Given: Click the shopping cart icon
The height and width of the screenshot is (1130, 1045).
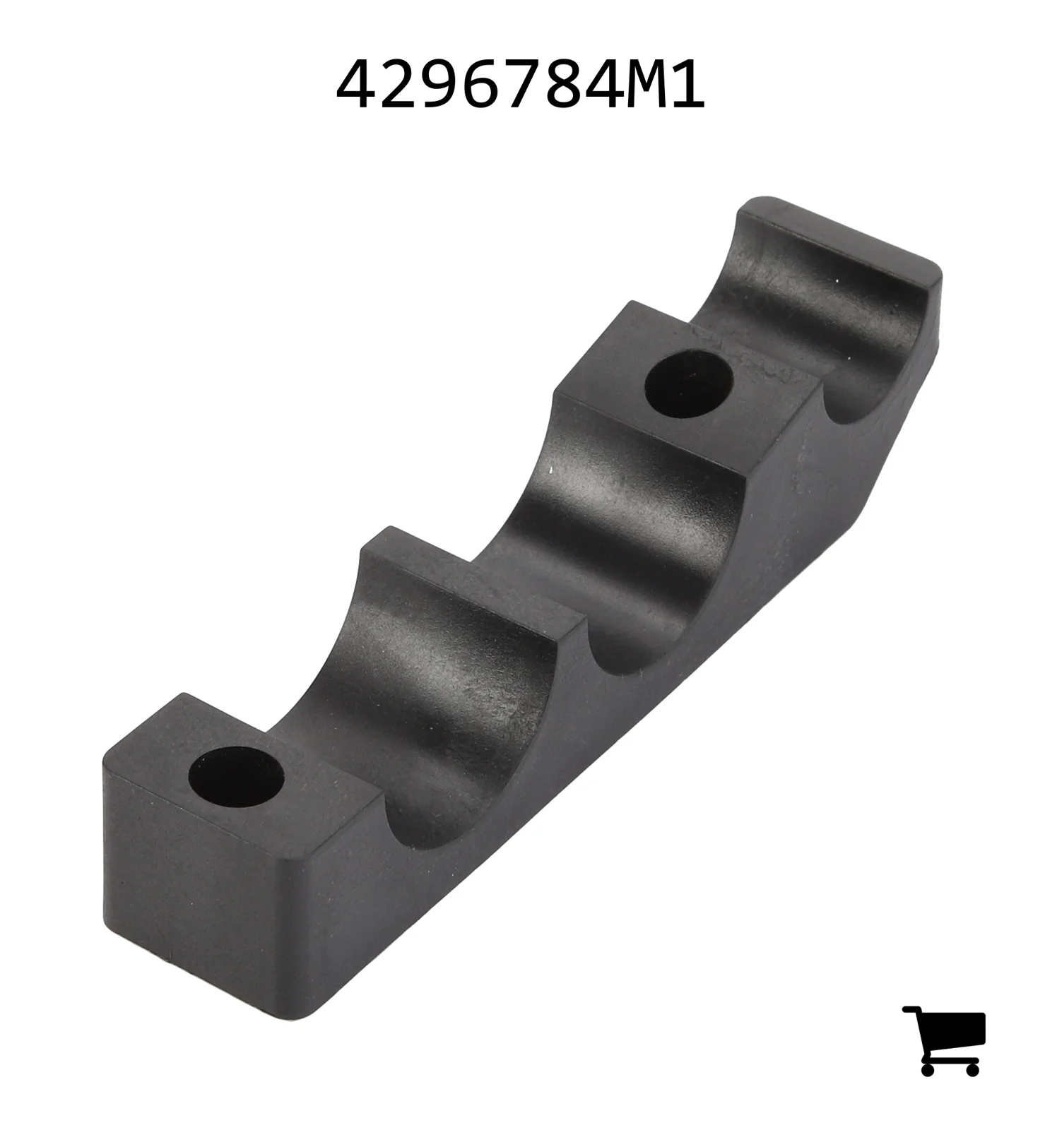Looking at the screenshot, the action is coord(944,1040).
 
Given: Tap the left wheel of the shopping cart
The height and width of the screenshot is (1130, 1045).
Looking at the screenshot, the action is coord(928,1069).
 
